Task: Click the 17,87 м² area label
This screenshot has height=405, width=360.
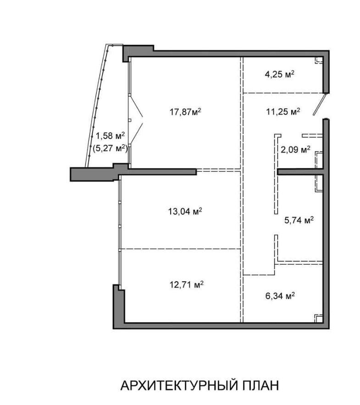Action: [185, 112]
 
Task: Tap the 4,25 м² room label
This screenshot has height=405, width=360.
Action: [280, 74]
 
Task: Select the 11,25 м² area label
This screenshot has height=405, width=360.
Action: [283, 112]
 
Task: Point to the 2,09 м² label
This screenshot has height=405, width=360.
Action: [296, 149]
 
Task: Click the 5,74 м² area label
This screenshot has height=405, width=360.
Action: [299, 220]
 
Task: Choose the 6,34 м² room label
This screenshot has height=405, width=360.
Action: [280, 296]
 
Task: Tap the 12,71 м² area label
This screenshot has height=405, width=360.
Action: [186, 285]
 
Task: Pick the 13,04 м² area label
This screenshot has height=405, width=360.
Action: [185, 212]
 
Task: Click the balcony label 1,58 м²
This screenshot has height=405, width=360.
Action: [111, 135]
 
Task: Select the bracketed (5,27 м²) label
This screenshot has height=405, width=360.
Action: [110, 148]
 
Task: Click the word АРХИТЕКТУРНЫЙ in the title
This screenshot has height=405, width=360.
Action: [179, 386]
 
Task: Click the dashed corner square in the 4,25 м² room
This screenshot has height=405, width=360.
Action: [319, 60]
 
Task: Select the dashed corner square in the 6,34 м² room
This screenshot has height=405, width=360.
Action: [319, 318]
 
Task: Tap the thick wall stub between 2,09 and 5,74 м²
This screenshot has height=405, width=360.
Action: [300, 172]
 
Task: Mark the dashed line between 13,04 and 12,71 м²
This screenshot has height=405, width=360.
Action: [181, 249]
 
